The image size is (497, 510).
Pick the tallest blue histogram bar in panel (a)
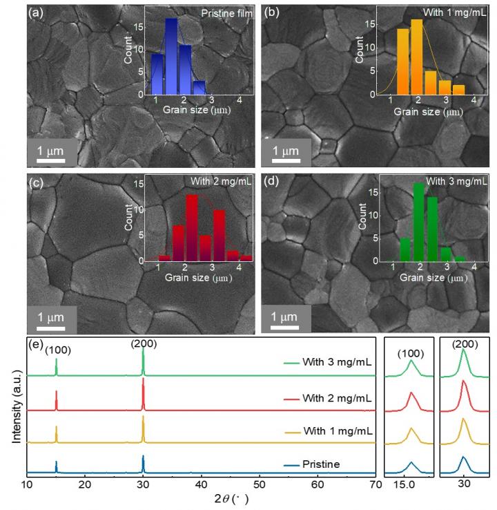(x=171, y=57)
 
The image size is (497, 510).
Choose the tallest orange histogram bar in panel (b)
(x=416, y=56)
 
